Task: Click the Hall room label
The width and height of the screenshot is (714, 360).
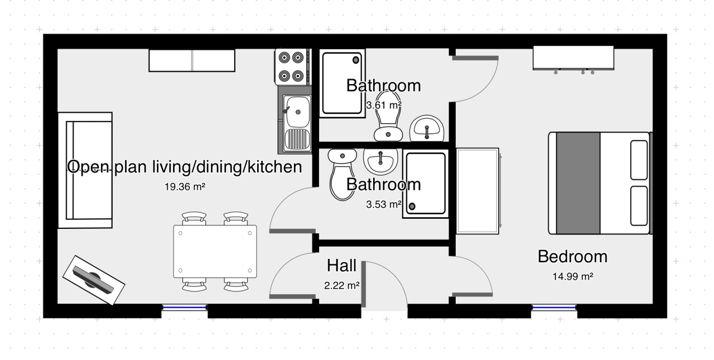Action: (x=342, y=266)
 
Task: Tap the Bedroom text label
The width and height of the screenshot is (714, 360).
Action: (x=572, y=257)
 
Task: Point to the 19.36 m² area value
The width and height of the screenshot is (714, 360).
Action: (x=185, y=186)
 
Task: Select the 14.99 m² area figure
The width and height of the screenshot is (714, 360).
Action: (x=573, y=276)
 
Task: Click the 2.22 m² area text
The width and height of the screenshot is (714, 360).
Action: (x=342, y=285)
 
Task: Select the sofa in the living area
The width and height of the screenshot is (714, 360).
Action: (x=85, y=170)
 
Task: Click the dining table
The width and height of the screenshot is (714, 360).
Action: (x=215, y=252)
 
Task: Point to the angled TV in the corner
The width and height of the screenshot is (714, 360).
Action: (x=93, y=280)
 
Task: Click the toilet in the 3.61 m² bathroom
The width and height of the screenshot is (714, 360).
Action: (x=388, y=116)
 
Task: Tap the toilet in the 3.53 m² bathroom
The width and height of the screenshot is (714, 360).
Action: (x=342, y=175)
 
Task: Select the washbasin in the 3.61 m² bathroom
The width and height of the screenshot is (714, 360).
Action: (x=427, y=128)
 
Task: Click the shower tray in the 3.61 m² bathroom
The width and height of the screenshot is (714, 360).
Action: (x=342, y=83)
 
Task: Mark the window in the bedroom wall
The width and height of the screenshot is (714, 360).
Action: (x=554, y=308)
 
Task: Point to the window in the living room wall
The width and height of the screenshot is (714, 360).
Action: (x=185, y=308)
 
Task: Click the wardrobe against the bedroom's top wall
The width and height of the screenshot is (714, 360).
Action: (x=573, y=59)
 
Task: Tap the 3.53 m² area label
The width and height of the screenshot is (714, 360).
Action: (x=384, y=204)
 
